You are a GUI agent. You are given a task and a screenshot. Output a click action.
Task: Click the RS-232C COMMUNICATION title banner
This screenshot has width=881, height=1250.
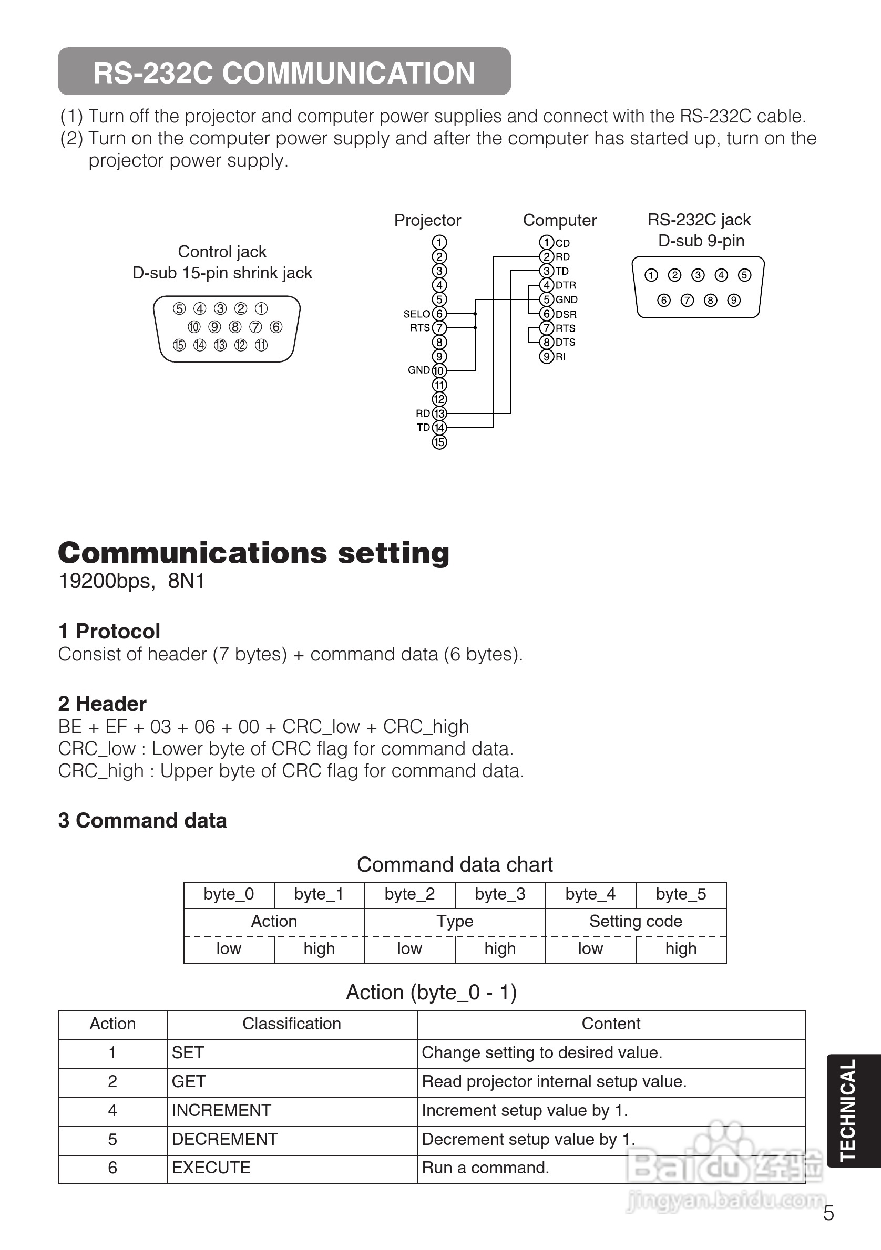tap(284, 72)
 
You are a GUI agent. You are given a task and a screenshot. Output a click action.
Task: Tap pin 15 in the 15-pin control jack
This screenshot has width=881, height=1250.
tap(179, 345)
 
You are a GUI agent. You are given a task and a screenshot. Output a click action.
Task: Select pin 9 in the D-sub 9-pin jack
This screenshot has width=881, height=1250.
tap(734, 300)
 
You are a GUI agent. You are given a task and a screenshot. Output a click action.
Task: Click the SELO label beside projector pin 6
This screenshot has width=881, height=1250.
tap(416, 314)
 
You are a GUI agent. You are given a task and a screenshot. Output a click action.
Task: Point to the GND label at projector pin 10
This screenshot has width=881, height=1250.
tap(419, 370)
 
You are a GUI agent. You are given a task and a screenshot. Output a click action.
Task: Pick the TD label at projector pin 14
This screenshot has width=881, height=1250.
tap(423, 427)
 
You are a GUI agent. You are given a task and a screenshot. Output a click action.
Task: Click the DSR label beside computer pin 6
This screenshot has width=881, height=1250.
tap(566, 314)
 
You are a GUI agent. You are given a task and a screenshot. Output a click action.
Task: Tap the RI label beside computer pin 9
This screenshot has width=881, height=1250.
tap(560, 357)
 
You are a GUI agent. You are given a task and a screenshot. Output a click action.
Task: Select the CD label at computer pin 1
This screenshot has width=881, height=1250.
tap(562, 243)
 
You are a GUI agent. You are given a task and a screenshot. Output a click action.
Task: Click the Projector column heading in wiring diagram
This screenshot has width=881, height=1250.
tap(427, 220)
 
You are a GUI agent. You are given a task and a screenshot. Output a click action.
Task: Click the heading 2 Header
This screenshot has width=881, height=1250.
tap(103, 704)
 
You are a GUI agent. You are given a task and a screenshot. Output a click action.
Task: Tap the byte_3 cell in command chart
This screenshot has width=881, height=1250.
tap(500, 894)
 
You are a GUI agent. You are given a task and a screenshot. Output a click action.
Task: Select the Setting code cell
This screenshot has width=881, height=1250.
tap(636, 921)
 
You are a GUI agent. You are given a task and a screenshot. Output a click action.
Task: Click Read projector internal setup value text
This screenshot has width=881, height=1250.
tap(554, 1081)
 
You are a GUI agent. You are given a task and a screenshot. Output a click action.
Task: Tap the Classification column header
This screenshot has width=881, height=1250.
tap(291, 1024)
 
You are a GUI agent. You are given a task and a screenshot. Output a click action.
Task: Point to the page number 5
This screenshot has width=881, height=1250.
tap(828, 1214)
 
